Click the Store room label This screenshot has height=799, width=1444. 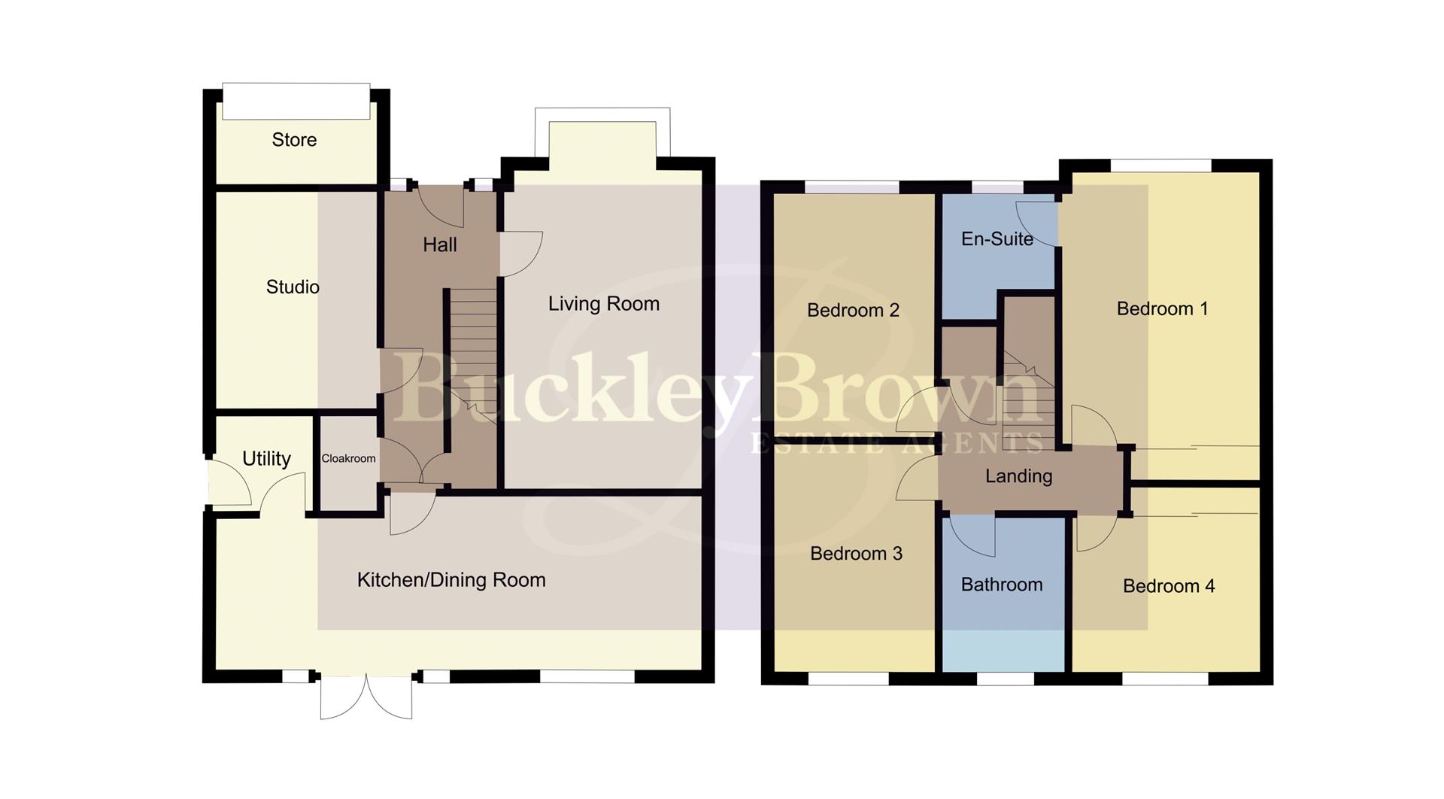pyautogui.click(x=294, y=140)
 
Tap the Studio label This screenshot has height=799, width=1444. pyautogui.click(x=293, y=287)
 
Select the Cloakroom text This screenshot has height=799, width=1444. pyautogui.click(x=348, y=458)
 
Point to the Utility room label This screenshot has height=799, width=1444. pyautogui.click(x=266, y=458)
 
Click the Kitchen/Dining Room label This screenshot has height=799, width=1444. pyautogui.click(x=451, y=580)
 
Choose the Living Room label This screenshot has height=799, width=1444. pyautogui.click(x=603, y=304)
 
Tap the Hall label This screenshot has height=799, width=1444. pyautogui.click(x=440, y=245)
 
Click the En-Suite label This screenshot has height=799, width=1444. pyautogui.click(x=997, y=239)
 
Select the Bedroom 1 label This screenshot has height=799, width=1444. pyautogui.click(x=1162, y=308)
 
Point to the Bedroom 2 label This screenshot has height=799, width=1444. pyautogui.click(x=853, y=310)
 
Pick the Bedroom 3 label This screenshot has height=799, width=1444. pyautogui.click(x=856, y=554)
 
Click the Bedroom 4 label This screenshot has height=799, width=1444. pyautogui.click(x=1169, y=586)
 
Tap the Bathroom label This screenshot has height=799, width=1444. pyautogui.click(x=1002, y=585)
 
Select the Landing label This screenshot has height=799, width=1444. pyautogui.click(x=1018, y=476)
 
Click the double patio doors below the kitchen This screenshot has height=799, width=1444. pyautogui.click(x=366, y=697)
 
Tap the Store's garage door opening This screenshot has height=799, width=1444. pyautogui.click(x=296, y=101)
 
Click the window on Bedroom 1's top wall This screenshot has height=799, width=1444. pyautogui.click(x=1160, y=165)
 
